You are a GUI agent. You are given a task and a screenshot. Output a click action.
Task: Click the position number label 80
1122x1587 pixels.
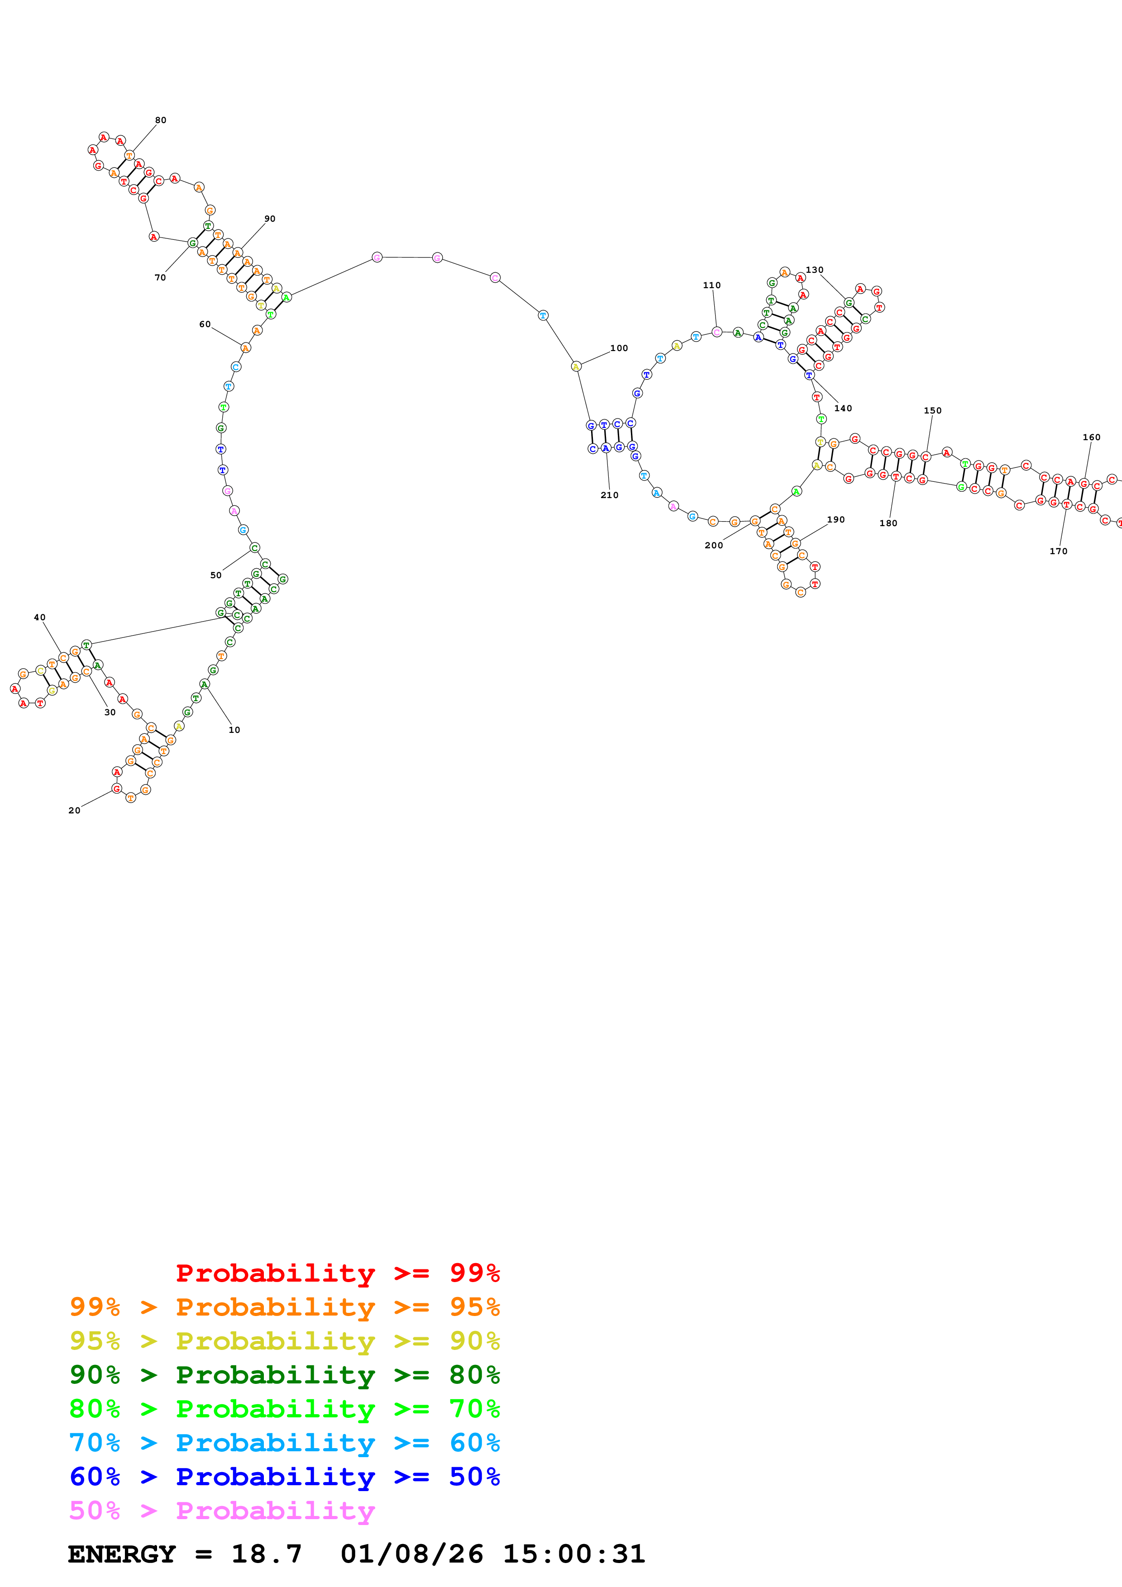point(160,120)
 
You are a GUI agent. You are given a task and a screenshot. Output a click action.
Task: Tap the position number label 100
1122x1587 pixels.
point(619,348)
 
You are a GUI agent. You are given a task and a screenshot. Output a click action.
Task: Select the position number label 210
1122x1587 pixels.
point(609,495)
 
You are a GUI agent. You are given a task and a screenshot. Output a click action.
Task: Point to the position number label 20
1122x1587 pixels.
point(74,810)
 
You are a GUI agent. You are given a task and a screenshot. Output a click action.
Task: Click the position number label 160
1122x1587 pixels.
point(1091,437)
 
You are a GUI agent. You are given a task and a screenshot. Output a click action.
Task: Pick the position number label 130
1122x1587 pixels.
point(814,270)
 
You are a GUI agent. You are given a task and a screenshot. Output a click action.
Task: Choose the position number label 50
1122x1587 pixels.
point(216,575)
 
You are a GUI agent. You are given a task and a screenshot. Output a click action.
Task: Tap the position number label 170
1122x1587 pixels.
point(1058,551)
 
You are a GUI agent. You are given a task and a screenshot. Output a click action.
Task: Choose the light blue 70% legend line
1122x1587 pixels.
point(284,1443)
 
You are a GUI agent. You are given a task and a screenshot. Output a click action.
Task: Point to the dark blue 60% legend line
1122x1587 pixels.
point(284,1477)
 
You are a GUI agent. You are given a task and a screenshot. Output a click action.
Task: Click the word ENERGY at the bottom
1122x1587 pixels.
point(122,1554)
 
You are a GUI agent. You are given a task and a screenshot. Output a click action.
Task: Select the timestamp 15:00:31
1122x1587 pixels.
point(574,1554)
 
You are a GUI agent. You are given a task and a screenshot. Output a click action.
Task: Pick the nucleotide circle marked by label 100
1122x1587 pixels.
point(576,366)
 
